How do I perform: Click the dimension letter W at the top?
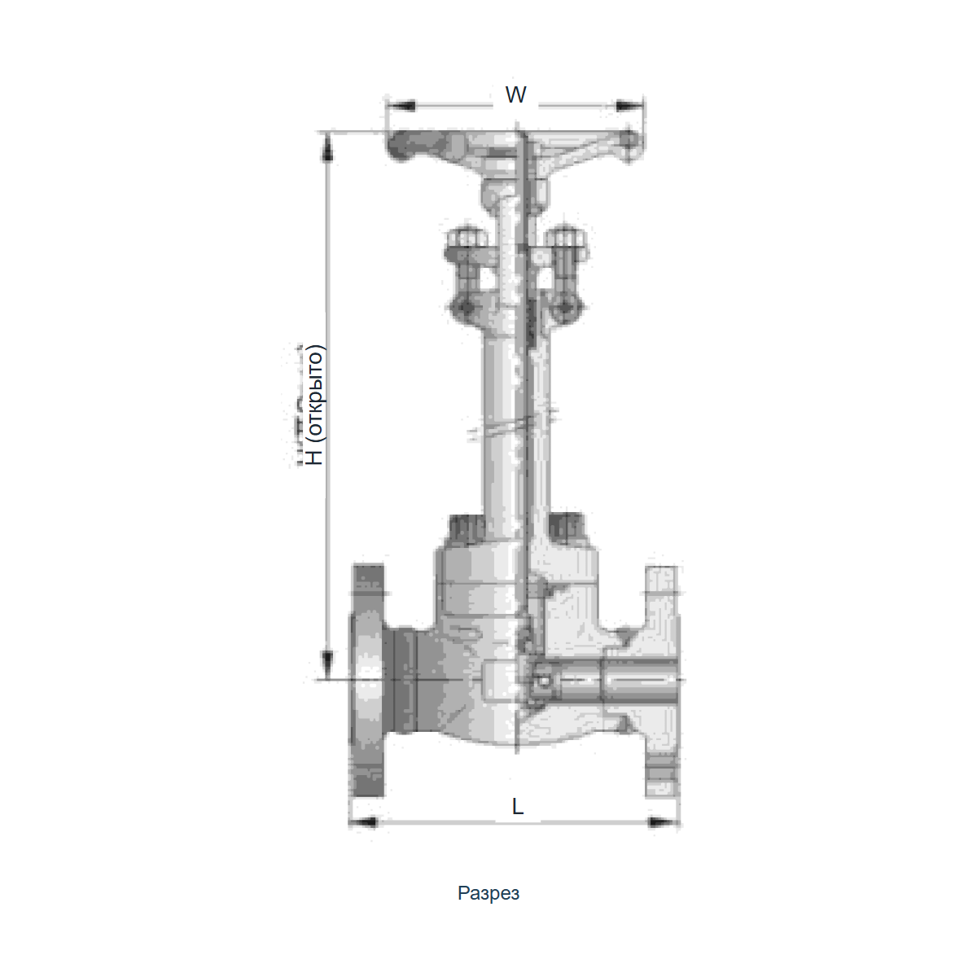tap(515, 94)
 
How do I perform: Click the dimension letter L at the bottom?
tap(517, 806)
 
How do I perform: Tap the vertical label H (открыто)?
tap(314, 405)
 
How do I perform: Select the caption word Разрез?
tap(488, 893)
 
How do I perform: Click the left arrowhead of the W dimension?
tap(401, 106)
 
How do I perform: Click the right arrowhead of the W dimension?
tap(629, 106)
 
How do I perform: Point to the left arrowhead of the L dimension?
tap(363, 821)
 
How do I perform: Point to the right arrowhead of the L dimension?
tap(664, 821)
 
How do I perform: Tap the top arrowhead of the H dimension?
tap(327, 147)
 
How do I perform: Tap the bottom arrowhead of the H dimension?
tap(327, 665)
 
